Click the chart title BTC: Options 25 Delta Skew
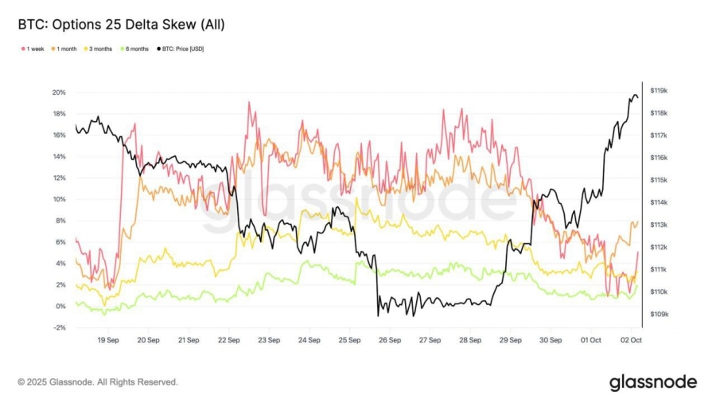click(121, 25)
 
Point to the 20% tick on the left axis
click(58, 92)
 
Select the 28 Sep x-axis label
click(469, 339)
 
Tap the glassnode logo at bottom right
click(652, 382)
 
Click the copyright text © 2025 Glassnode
click(98, 382)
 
